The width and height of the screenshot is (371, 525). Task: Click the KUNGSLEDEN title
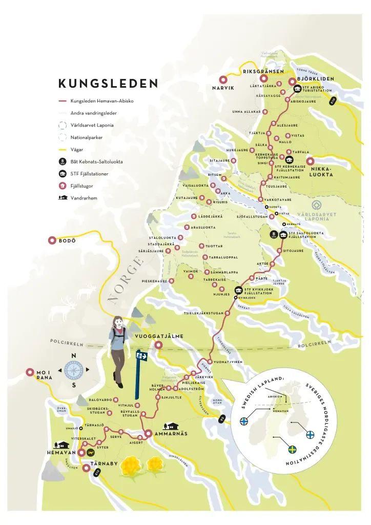(108, 84)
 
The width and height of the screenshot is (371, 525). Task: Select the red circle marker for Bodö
(52, 240)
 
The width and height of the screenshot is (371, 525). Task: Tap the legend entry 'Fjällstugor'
(86, 186)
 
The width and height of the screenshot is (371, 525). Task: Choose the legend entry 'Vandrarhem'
(84, 198)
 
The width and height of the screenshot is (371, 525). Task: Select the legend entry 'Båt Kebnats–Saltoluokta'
(96, 162)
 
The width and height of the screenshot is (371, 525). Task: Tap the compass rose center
(74, 370)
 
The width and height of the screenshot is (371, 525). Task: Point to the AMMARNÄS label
(178, 434)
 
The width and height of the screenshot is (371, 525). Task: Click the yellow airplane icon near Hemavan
(91, 452)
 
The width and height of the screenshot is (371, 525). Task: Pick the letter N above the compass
(74, 356)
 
